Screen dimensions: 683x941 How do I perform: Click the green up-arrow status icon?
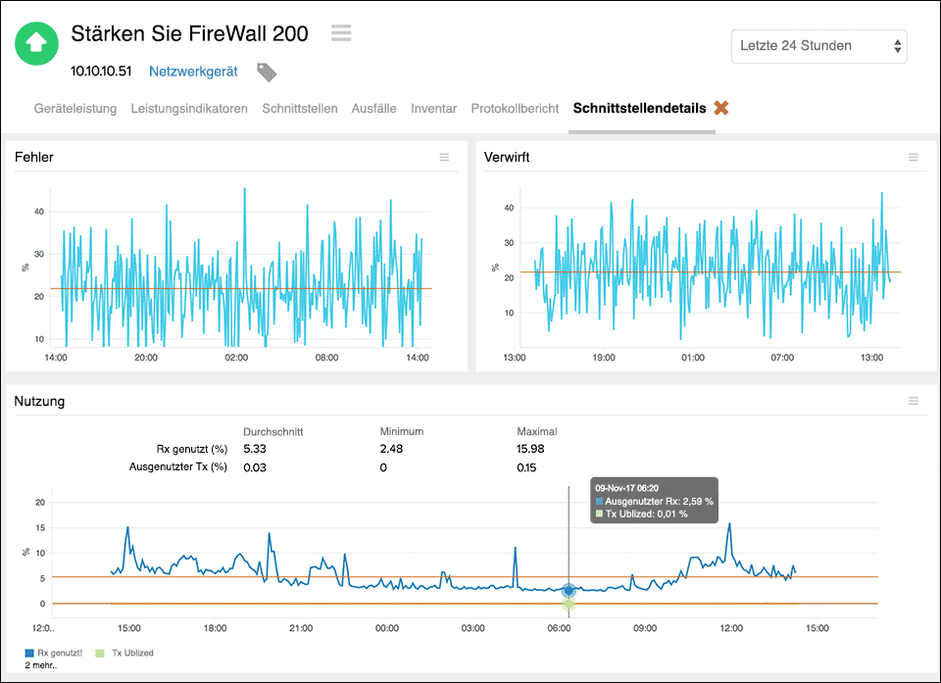pyautogui.click(x=36, y=42)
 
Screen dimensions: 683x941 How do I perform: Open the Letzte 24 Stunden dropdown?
pyautogui.click(x=818, y=46)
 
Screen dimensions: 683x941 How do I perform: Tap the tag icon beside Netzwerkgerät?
pyautogui.click(x=267, y=72)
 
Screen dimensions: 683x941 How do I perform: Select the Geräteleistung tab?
pyautogui.click(x=75, y=109)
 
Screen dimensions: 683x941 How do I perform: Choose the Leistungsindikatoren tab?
pyautogui.click(x=189, y=109)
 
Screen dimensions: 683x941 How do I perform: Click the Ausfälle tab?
pyautogui.click(x=373, y=109)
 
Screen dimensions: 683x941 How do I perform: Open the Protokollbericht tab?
pyautogui.click(x=515, y=109)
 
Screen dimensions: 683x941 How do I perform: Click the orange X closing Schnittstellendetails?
pyautogui.click(x=721, y=108)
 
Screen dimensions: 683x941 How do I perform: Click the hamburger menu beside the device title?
pyautogui.click(x=341, y=33)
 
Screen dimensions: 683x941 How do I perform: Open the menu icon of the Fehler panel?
pyautogui.click(x=444, y=158)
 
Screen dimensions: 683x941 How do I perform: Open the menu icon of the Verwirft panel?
pyautogui.click(x=914, y=158)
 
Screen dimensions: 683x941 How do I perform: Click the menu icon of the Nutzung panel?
pyautogui.click(x=914, y=401)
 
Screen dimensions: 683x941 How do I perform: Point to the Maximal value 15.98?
pyautogui.click(x=530, y=449)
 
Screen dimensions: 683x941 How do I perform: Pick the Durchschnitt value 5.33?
pyautogui.click(x=255, y=449)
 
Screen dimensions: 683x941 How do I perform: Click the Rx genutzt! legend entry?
pyautogui.click(x=57, y=653)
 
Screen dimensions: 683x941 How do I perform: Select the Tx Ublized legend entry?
pyautogui.click(x=124, y=653)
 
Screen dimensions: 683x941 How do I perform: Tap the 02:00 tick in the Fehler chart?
pyautogui.click(x=236, y=358)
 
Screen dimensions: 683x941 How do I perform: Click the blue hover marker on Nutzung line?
pyautogui.click(x=569, y=590)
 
